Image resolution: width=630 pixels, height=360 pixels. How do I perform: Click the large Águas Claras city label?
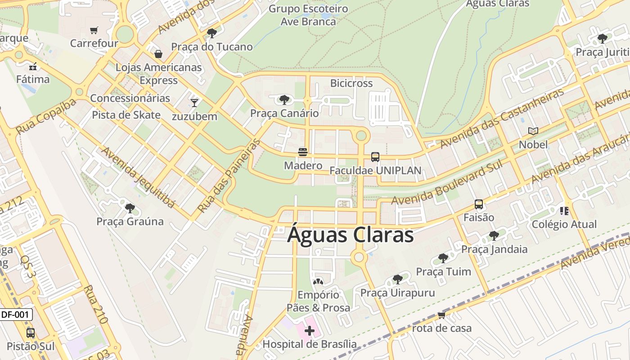pyautogui.click(x=350, y=235)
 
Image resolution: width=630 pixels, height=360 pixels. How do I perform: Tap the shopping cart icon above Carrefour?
pyautogui.click(x=94, y=31)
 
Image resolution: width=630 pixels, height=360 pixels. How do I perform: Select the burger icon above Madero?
pyautogui.click(x=303, y=152)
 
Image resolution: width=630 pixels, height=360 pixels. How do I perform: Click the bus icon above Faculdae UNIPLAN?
pyautogui.click(x=375, y=157)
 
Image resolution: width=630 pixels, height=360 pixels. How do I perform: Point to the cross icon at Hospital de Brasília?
pyautogui.click(x=310, y=331)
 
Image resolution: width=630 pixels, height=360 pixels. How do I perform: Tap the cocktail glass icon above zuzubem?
pyautogui.click(x=194, y=103)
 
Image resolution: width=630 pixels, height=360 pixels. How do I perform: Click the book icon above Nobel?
pyautogui.click(x=533, y=131)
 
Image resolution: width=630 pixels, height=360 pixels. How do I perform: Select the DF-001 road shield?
pyautogui.click(x=15, y=315)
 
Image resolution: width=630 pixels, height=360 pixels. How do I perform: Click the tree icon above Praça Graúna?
pyautogui.click(x=130, y=208)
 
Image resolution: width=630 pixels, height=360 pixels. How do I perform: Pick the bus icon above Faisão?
pyautogui.click(x=479, y=204)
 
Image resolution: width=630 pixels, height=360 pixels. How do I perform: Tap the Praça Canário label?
pyautogui.click(x=284, y=113)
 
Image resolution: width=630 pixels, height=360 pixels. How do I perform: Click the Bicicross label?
pyautogui.click(x=351, y=83)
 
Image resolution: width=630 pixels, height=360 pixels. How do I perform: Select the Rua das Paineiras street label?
pyautogui.click(x=229, y=175)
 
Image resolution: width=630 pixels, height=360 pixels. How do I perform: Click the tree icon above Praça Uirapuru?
pyautogui.click(x=397, y=279)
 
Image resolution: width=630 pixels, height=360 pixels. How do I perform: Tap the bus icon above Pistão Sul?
pyautogui.click(x=31, y=333)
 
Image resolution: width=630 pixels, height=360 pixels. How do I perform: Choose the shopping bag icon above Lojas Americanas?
pyautogui.click(x=158, y=54)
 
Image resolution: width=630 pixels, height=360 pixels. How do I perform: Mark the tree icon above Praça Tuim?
pyautogui.click(x=443, y=258)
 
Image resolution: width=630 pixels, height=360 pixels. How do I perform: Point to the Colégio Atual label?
pyautogui.click(x=564, y=224)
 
